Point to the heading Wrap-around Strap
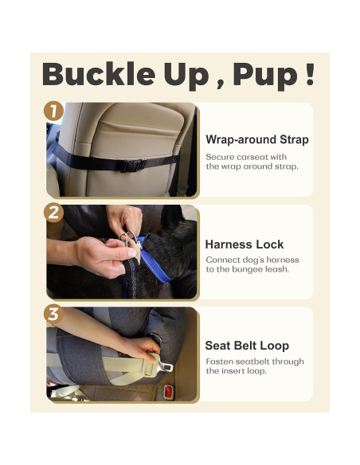click(256, 139)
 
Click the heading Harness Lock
click(244, 244)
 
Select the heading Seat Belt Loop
click(247, 346)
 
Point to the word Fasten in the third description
click(220, 361)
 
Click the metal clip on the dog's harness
click(128, 238)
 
